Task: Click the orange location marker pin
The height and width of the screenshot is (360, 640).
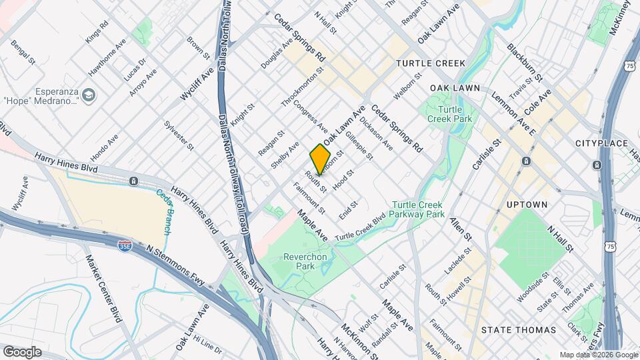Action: [x=321, y=159]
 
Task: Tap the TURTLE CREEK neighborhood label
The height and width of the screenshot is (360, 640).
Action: [x=430, y=63]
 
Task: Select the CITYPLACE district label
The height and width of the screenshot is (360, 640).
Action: [x=601, y=143]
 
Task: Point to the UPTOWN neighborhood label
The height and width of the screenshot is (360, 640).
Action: [x=527, y=204]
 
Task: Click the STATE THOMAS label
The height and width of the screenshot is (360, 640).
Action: [x=519, y=330]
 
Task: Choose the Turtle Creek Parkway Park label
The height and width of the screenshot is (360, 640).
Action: [x=418, y=210]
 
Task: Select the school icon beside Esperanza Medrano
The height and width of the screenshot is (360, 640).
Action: [x=88, y=97]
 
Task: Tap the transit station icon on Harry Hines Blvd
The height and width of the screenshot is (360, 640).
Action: [x=134, y=181]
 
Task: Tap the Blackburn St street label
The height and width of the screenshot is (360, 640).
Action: [x=525, y=61]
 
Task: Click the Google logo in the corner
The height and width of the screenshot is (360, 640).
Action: [x=22, y=351]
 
